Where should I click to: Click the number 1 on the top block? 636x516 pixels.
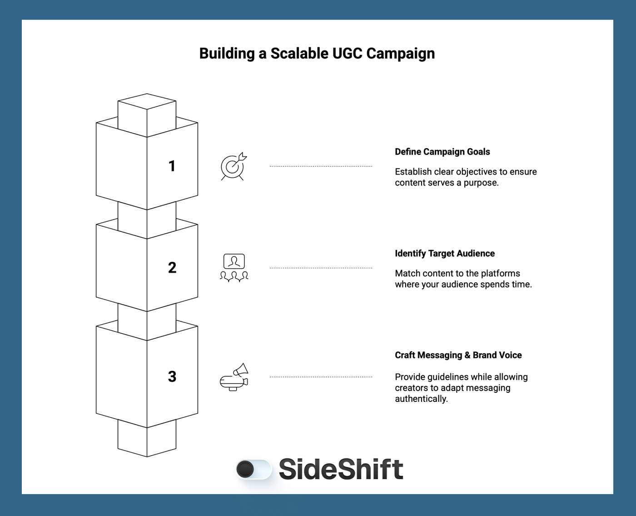tap(172, 166)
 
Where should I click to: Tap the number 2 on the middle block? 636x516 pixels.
tap(172, 267)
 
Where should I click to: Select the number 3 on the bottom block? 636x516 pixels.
tap(172, 376)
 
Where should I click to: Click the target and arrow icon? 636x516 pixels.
tap(234, 166)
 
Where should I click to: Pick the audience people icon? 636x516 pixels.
tap(234, 268)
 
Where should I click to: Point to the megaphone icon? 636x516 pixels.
tap(234, 377)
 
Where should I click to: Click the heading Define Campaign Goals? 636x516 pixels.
tap(442, 152)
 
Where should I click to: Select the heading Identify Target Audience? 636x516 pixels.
tap(444, 254)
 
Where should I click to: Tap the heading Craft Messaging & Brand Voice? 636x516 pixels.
tap(458, 356)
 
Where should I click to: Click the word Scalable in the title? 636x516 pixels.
tap(299, 54)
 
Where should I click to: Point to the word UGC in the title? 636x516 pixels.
tap(348, 54)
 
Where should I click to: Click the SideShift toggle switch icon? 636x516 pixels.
tap(253, 469)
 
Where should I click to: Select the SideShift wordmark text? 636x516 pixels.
tap(341, 469)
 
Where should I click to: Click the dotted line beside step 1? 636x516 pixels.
tap(321, 166)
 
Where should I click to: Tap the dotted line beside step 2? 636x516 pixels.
tap(321, 268)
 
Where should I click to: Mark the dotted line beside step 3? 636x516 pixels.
tap(321, 377)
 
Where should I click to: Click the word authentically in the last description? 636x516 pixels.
tap(421, 399)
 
